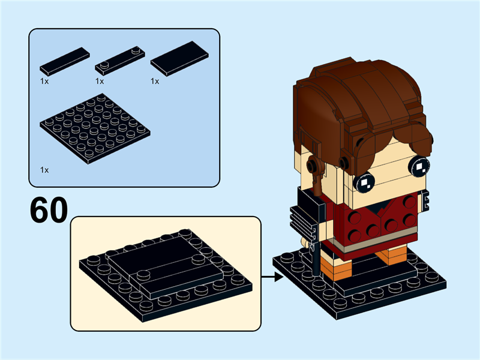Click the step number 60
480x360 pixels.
coord(48,209)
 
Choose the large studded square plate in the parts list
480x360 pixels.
coord(95,129)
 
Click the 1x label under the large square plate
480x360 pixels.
coord(44,170)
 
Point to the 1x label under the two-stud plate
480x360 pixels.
coord(100,80)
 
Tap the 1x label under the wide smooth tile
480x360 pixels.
coord(155,80)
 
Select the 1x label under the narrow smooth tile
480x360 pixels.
coord(44,80)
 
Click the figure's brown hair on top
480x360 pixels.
coord(360,90)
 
